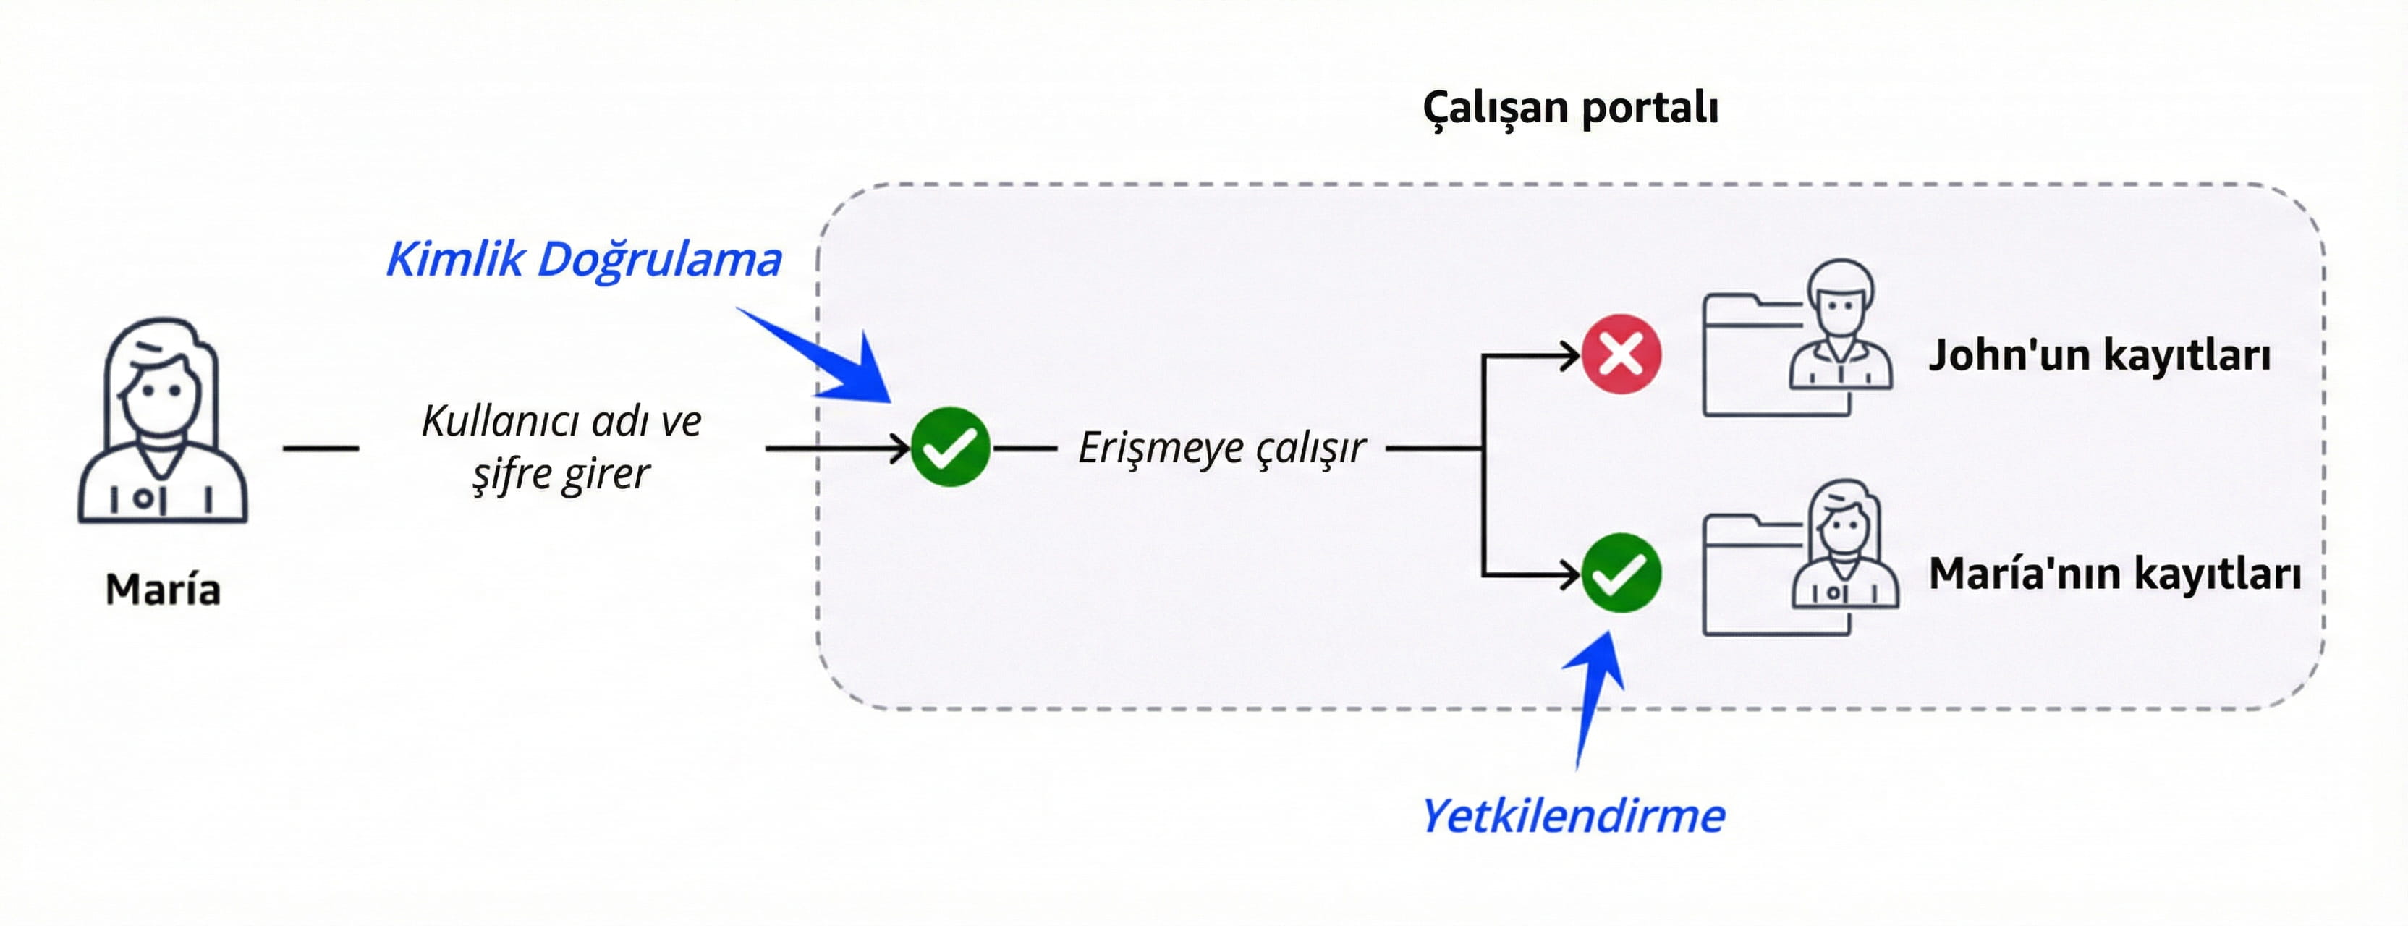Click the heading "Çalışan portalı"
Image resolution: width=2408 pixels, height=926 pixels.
[x=1570, y=108]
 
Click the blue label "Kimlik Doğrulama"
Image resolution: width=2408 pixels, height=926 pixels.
[x=584, y=259]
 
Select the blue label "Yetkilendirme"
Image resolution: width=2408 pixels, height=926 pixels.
[x=1573, y=816]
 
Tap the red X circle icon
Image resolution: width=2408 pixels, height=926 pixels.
[x=1621, y=354]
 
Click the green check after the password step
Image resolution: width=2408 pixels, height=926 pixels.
[x=951, y=448]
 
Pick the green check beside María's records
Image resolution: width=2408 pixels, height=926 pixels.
[x=1621, y=573]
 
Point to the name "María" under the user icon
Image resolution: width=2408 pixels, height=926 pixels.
[x=163, y=590]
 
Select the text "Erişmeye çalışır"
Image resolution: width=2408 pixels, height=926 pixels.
[x=1222, y=448]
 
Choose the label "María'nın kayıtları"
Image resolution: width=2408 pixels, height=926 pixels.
[x=2114, y=574]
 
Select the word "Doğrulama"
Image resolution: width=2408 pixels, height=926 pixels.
[x=660, y=259]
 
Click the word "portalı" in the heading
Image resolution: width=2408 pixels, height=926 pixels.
[x=1650, y=108]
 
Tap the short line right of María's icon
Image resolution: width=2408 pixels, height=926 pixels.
[x=321, y=449]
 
